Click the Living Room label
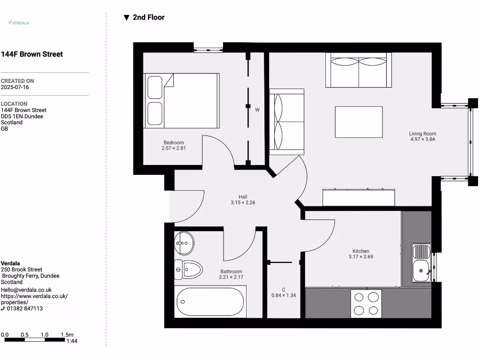tap(422, 134)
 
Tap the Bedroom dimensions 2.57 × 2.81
tap(173, 149)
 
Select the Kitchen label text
tap(361, 251)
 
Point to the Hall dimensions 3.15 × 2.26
tap(242, 203)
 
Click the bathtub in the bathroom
tap(210, 302)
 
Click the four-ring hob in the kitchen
tap(366, 304)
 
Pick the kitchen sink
tap(421, 263)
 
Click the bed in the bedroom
tap(181, 100)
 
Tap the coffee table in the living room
tap(359, 122)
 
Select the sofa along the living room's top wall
tap(359, 70)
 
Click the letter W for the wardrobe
tap(257, 110)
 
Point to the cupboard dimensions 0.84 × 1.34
tap(284, 295)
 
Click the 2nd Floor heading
tap(149, 17)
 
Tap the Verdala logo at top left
tap(19, 22)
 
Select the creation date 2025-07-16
tap(15, 87)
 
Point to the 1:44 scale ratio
tap(72, 341)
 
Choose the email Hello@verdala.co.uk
tap(26, 290)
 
